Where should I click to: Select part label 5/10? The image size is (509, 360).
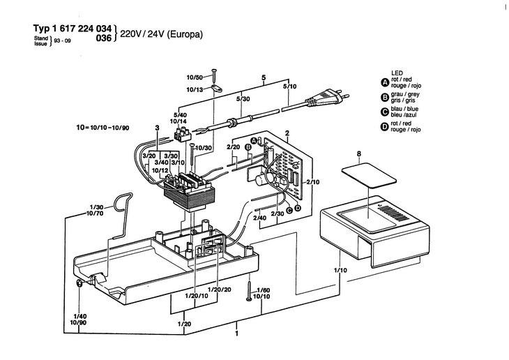(x=289, y=87)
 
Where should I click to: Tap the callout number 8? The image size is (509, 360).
(x=358, y=153)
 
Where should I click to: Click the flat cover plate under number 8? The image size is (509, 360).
(x=369, y=176)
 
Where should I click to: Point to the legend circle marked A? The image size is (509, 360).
(x=385, y=83)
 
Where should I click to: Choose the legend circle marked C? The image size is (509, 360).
(x=385, y=112)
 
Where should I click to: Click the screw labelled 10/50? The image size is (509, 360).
(x=214, y=75)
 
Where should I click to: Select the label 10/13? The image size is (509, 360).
(x=194, y=90)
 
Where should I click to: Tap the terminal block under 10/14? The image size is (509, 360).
(x=183, y=134)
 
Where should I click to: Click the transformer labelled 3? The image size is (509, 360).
(x=189, y=192)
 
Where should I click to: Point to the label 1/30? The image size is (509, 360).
(x=96, y=207)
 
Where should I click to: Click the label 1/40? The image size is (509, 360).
(x=80, y=316)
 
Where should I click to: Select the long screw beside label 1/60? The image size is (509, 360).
(x=249, y=290)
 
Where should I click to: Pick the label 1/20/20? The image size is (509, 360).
(x=220, y=289)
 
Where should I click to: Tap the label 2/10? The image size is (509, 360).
(x=313, y=182)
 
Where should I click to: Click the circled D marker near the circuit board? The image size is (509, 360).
(x=297, y=208)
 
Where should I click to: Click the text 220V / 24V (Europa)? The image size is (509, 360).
(x=161, y=34)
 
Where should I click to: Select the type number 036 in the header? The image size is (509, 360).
(x=104, y=38)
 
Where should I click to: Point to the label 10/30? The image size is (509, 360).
(x=204, y=148)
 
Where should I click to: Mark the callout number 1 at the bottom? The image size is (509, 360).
(x=236, y=333)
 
